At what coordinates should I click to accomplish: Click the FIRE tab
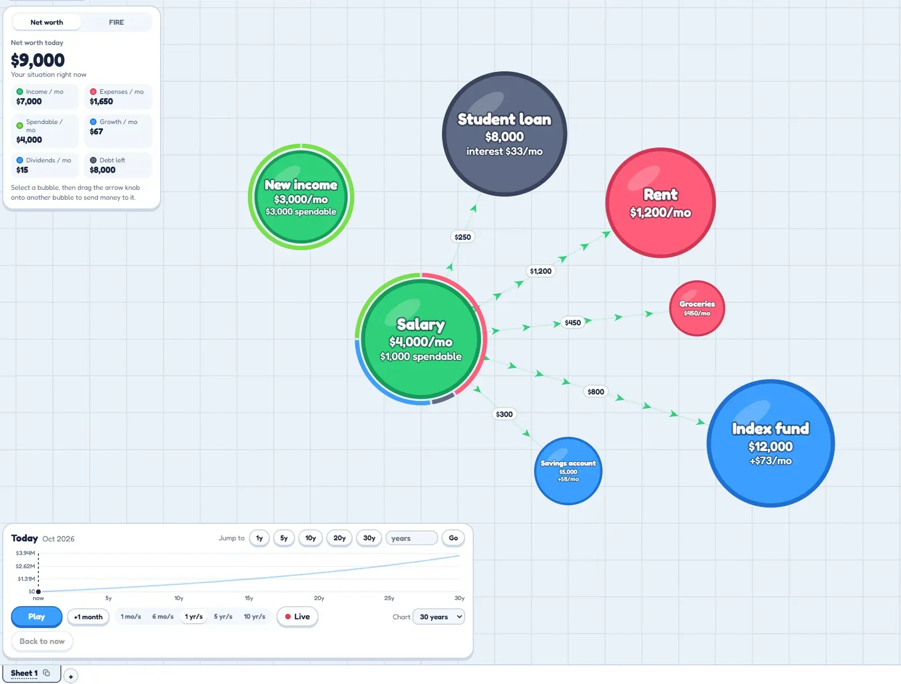click(x=116, y=22)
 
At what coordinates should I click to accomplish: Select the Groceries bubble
click(x=696, y=308)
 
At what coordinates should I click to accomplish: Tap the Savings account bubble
click(x=568, y=471)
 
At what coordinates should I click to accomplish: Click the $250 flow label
click(x=463, y=237)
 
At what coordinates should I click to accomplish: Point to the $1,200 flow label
click(x=540, y=271)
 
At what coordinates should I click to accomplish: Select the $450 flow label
click(x=573, y=323)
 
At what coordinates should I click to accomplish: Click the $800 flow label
click(x=595, y=391)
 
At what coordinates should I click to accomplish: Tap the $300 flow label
click(x=503, y=414)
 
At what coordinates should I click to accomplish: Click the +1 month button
click(x=88, y=617)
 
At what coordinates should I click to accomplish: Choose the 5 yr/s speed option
click(x=223, y=616)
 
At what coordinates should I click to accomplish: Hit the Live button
click(x=297, y=616)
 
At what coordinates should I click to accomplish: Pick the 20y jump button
click(x=339, y=538)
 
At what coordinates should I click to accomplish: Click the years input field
click(x=411, y=538)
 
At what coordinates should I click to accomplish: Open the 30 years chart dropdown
click(x=438, y=617)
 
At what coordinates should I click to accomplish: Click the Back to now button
click(x=42, y=641)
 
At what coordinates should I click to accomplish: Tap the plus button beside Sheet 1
click(x=71, y=676)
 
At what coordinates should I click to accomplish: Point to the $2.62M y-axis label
click(x=25, y=566)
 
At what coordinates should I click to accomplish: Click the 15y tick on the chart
click(x=249, y=598)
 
